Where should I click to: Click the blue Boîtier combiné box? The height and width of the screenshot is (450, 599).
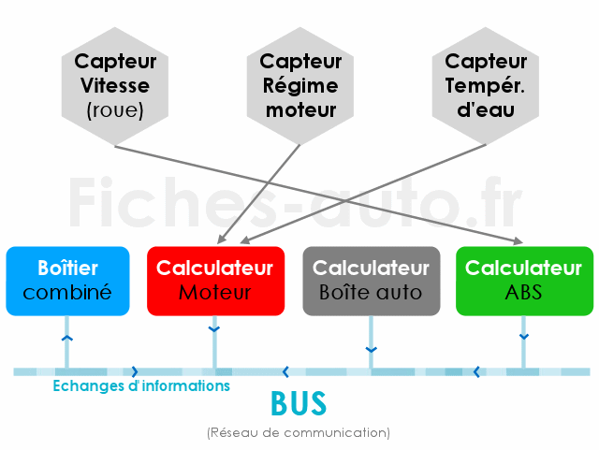[x=67, y=281]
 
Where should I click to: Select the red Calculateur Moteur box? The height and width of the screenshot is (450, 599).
[x=216, y=281]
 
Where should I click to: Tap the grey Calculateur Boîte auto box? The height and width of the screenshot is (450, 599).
[x=372, y=281]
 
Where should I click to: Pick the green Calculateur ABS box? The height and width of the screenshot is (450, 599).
[x=524, y=281]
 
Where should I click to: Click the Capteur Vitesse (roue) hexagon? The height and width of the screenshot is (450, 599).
[x=115, y=86]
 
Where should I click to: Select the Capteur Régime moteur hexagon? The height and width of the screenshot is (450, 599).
[x=300, y=86]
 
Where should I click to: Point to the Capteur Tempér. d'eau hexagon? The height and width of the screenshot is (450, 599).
[x=486, y=86]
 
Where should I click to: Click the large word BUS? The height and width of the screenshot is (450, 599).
[x=299, y=403]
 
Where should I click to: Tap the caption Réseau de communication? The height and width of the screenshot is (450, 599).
[x=299, y=433]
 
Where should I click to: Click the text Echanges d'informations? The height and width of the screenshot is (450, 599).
[x=141, y=385]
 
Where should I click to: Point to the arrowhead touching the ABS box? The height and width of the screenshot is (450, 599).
[x=519, y=240]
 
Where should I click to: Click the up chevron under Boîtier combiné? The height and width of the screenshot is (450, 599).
[x=66, y=338]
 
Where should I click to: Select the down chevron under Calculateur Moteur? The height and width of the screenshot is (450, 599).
[x=214, y=329]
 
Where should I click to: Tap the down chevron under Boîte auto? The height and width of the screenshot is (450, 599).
[x=371, y=350]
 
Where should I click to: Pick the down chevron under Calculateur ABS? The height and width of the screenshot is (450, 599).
[x=524, y=337]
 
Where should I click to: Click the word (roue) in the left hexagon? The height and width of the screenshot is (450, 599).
[x=115, y=110]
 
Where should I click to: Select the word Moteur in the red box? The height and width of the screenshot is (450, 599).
[x=215, y=293]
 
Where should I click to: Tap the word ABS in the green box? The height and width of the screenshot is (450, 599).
[x=524, y=293]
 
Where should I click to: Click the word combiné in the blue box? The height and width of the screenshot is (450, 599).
[x=67, y=293]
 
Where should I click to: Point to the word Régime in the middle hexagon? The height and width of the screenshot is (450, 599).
[x=300, y=87]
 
